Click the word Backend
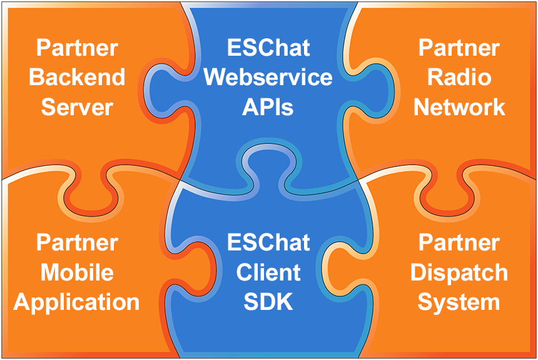pos(77,78)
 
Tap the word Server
pos(77,107)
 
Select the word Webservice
pos(268,78)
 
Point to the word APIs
pos(268,107)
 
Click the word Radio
pos(459,78)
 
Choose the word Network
pos(459,107)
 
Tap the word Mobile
pos(77,273)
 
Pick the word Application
pos(77,302)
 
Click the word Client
pos(268,273)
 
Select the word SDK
pos(268,302)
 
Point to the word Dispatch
pos(459,273)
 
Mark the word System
pos(459,302)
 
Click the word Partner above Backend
pos(77,48)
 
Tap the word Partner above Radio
pos(459,48)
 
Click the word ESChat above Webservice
pos(268,48)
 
